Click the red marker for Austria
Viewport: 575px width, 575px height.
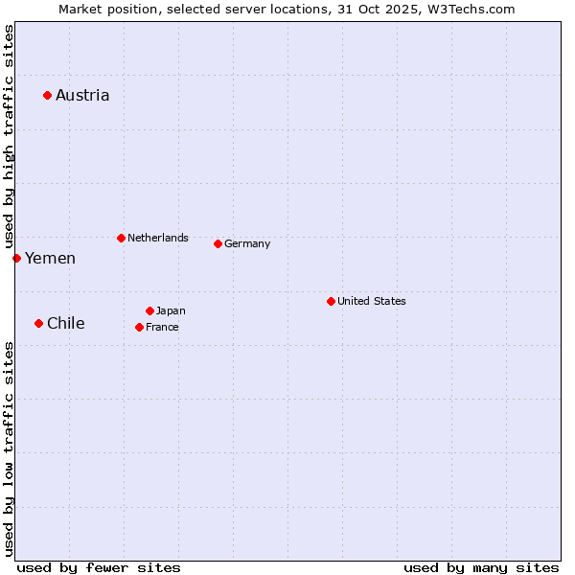coord(47,95)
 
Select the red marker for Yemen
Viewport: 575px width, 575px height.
coord(16,258)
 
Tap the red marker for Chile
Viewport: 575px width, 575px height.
coord(38,323)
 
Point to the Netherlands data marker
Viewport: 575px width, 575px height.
coord(121,238)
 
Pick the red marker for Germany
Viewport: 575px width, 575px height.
coord(218,243)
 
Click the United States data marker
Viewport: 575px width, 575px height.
coord(331,301)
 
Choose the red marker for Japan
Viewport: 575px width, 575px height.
coord(149,310)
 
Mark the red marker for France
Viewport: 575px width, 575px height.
coord(139,327)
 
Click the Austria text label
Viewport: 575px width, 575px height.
coord(82,95)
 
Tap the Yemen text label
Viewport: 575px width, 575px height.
coord(50,258)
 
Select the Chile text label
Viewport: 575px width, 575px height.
coord(65,323)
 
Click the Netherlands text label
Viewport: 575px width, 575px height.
coord(157,238)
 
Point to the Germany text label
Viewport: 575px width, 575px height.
coord(247,243)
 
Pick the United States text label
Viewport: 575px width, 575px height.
coord(371,301)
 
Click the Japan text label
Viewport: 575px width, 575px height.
coord(171,310)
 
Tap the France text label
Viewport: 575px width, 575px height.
coord(162,327)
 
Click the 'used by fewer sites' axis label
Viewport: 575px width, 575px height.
coord(99,567)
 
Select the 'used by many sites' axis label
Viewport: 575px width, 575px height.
coord(481,567)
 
